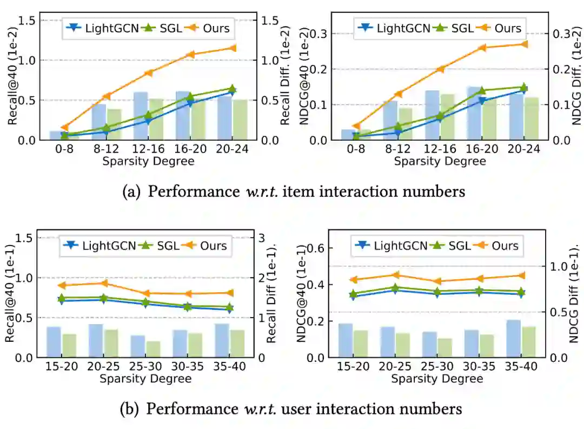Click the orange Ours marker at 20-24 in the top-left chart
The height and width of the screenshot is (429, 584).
pos(233,48)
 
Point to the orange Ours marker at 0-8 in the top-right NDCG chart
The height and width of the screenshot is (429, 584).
pos(356,126)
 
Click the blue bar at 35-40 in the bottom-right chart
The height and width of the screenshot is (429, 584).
pos(513,339)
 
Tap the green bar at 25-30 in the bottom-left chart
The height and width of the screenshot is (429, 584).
pos(153,349)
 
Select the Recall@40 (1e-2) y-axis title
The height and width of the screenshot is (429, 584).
pos(12,80)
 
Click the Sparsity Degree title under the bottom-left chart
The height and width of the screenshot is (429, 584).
pos(145,379)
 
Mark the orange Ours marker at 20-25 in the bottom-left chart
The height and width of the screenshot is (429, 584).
pos(105,283)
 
